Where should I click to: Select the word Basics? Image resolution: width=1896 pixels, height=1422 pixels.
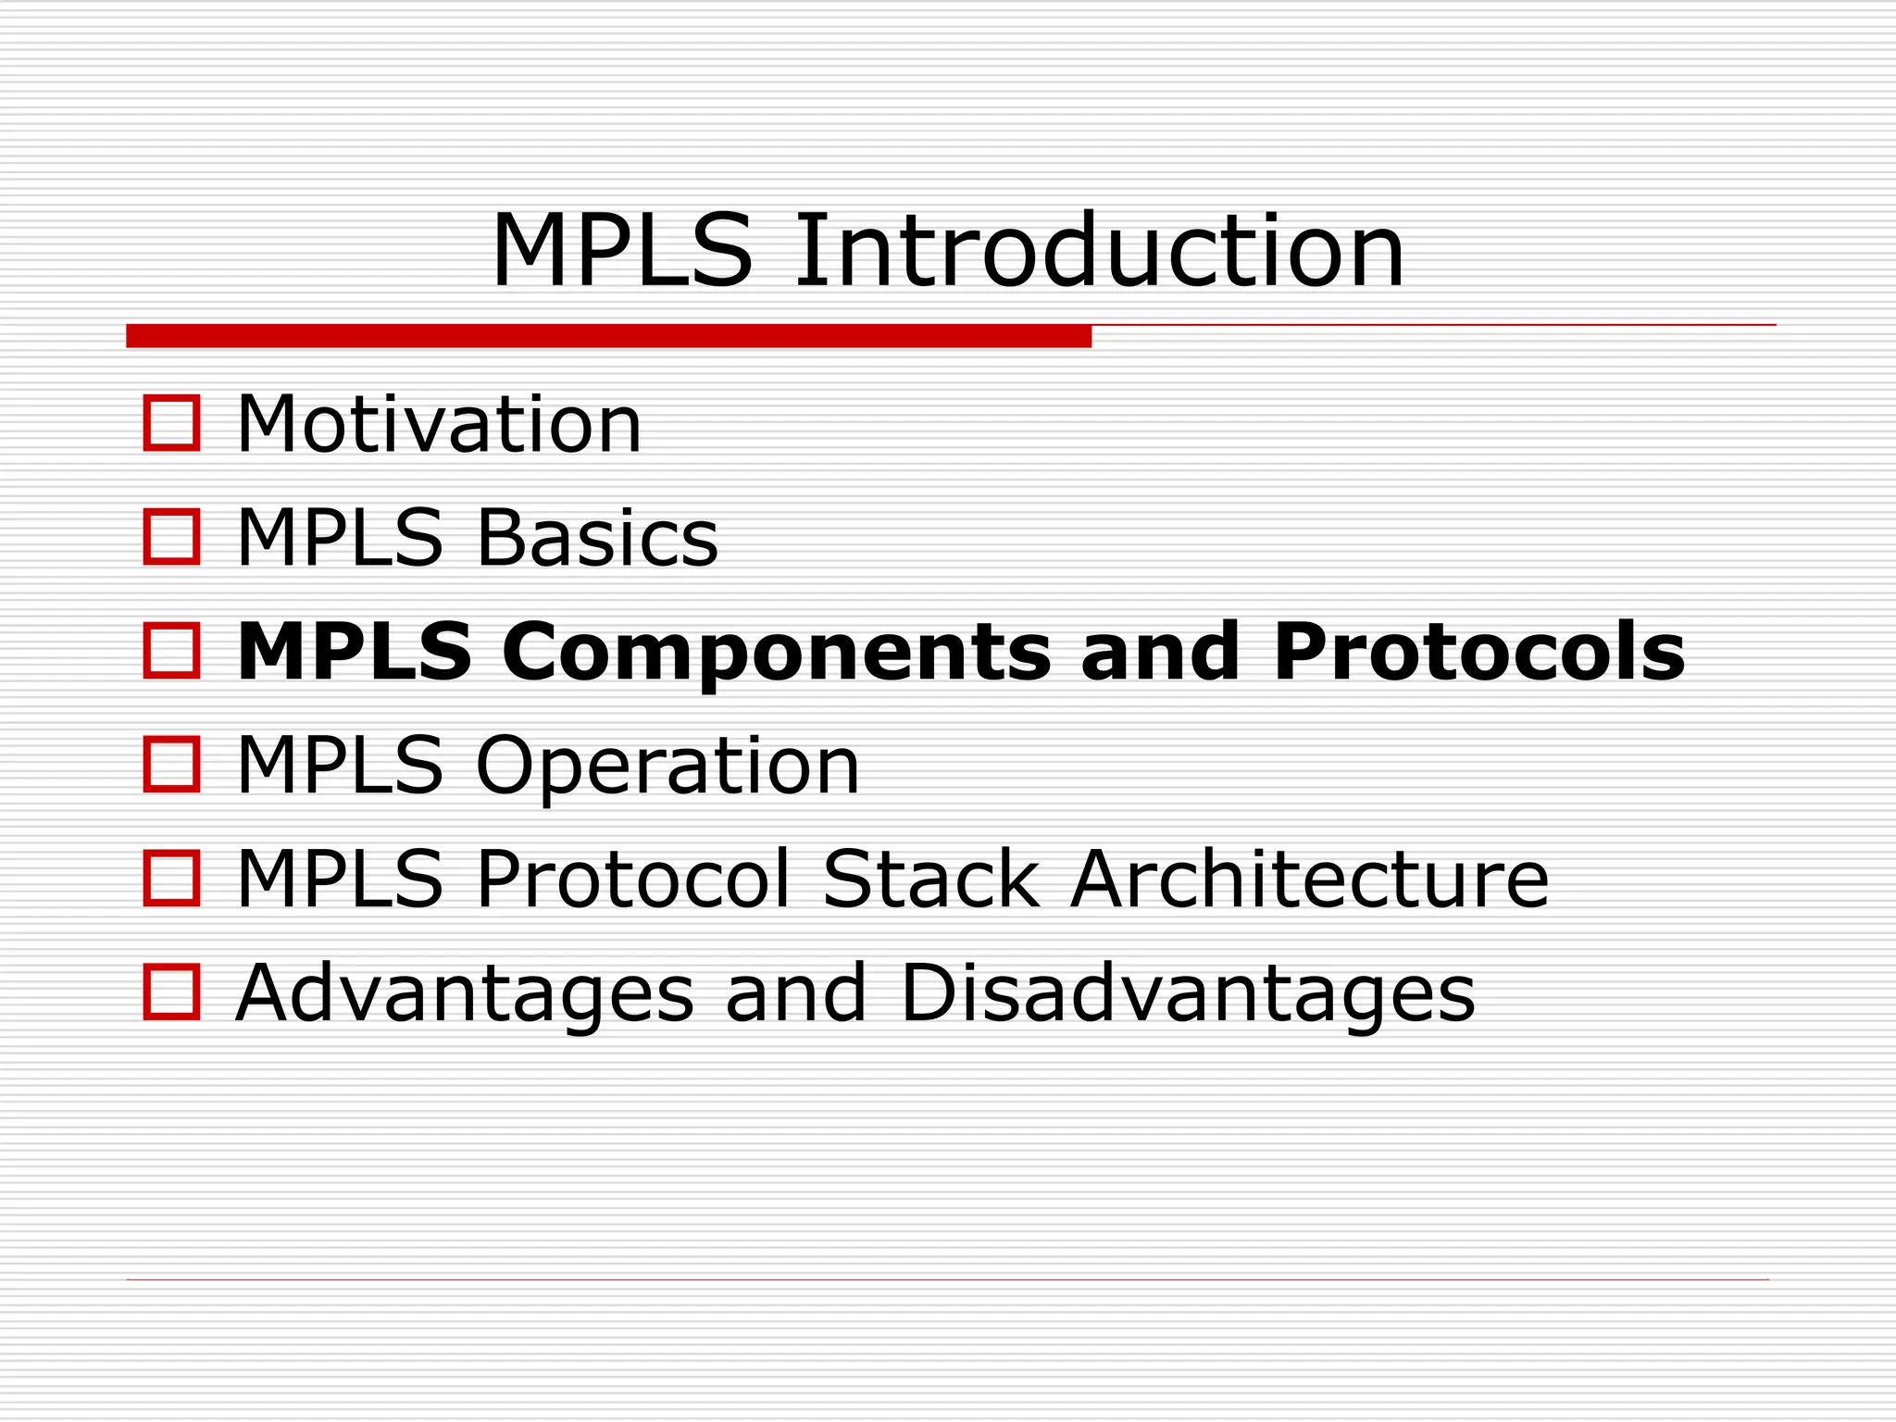coord(597,538)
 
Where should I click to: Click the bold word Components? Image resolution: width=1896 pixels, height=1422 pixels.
coord(777,652)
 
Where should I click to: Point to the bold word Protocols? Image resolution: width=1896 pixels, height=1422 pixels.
coord(1478,652)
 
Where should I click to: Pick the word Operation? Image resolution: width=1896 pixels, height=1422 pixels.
coord(667,767)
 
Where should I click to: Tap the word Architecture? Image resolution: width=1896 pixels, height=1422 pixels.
coord(1309,879)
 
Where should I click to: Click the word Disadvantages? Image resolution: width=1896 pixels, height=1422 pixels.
coord(1187,992)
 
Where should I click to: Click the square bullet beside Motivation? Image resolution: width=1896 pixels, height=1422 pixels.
coord(172,424)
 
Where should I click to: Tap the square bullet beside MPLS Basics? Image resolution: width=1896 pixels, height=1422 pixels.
coord(172,537)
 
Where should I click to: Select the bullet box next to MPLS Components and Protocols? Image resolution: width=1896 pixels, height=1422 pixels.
coord(172,651)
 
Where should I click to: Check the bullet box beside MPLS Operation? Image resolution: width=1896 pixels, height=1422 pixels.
coord(172,765)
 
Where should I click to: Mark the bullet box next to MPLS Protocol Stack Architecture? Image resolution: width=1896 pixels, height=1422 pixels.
coord(172,879)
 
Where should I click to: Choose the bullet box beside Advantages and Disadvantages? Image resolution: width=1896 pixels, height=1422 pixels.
coord(172,992)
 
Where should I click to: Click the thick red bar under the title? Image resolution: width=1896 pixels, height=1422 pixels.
coord(608,336)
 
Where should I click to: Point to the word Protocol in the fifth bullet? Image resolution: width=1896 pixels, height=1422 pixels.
coord(634,879)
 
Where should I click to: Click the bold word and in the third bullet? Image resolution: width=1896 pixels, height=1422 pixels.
coord(1160,652)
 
